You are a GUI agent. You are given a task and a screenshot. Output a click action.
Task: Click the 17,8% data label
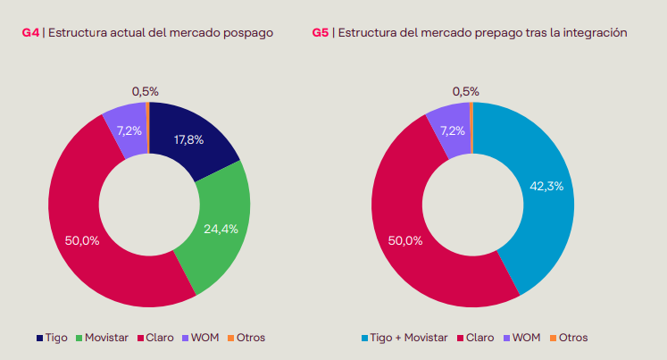[x=189, y=139]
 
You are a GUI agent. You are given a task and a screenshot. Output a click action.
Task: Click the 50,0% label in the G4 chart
[x=82, y=239]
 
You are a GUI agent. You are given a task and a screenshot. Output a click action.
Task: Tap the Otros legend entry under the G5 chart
[x=572, y=338]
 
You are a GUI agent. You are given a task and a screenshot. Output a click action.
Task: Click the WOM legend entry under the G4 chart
[x=204, y=338]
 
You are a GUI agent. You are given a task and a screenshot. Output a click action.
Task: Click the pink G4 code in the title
[x=31, y=33]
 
